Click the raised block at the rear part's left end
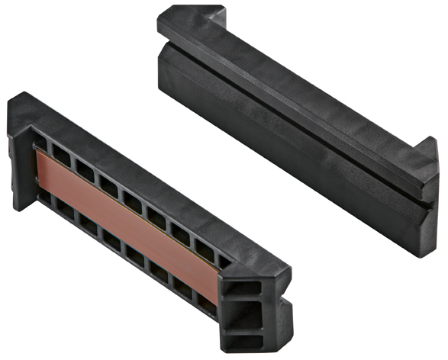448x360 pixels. [191, 23]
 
